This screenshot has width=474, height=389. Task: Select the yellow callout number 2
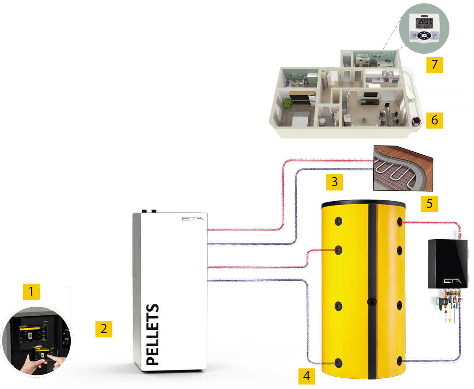(103, 329)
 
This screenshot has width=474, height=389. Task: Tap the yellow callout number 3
(335, 182)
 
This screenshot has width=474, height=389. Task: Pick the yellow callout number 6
(434, 120)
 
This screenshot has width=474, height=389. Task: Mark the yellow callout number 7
(434, 64)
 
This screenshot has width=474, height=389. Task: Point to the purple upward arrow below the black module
(447, 316)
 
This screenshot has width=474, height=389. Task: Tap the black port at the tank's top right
(400, 221)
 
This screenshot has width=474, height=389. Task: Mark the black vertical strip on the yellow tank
(372, 293)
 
